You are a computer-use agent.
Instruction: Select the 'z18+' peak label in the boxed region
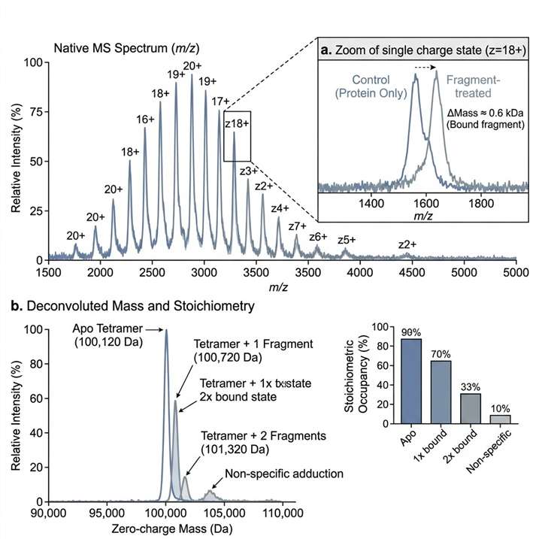click(x=238, y=124)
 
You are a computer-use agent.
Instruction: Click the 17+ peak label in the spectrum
click(x=221, y=101)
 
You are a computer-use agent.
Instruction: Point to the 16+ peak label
click(x=145, y=119)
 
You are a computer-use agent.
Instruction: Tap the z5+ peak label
click(x=347, y=240)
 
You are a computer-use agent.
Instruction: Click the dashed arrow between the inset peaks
click(x=426, y=66)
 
